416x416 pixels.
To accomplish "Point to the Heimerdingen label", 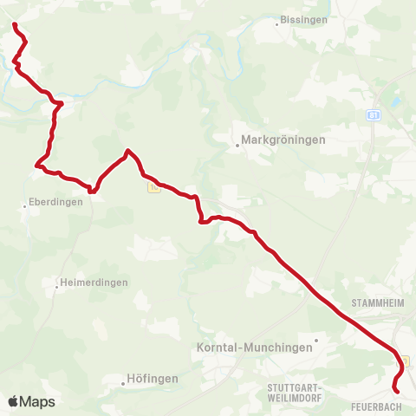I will click(94, 283).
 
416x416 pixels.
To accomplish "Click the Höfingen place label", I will click(153, 379).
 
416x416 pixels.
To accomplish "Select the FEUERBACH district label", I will click(376, 406).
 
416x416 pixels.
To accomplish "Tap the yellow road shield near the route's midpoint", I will click(153, 186).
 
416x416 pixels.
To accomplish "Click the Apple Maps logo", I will click(32, 401).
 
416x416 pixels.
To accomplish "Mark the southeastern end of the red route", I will click(397, 392).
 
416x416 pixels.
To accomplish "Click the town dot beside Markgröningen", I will click(237, 145).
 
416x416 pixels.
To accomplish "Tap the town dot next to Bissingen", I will click(277, 23).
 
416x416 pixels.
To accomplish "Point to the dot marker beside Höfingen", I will click(122, 380).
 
